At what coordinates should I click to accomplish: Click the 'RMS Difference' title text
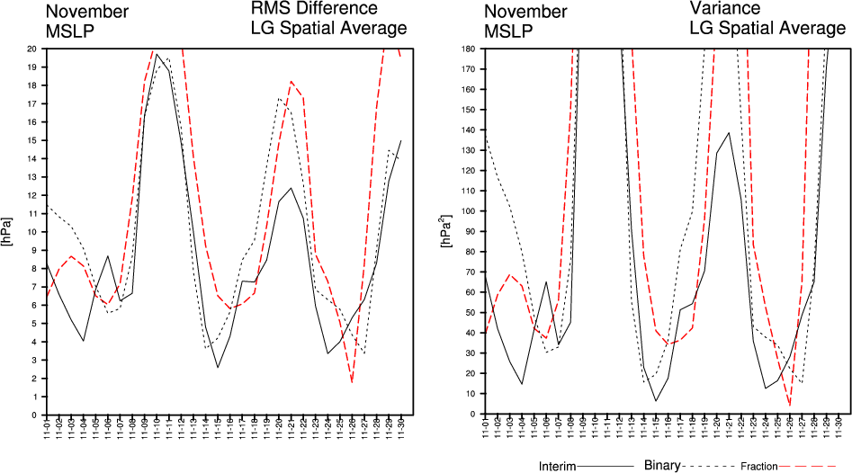pyautogui.click(x=313, y=9)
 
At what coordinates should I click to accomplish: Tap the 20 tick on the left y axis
pyautogui.click(x=31, y=49)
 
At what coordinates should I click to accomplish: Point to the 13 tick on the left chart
pyautogui.click(x=31, y=177)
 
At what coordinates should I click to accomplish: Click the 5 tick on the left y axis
pyautogui.click(x=34, y=324)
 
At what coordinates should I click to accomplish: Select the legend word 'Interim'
pyautogui.click(x=562, y=466)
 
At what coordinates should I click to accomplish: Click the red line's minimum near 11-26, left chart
pyautogui.click(x=352, y=381)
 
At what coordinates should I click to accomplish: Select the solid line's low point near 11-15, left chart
pyautogui.click(x=218, y=367)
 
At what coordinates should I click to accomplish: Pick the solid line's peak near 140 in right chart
pyautogui.click(x=729, y=133)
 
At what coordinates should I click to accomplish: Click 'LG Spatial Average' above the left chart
pyautogui.click(x=328, y=28)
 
